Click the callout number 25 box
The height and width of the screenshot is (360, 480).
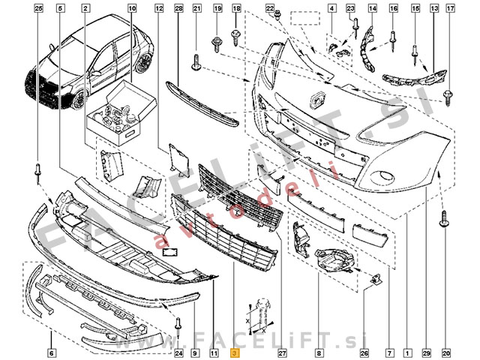pos(39,8)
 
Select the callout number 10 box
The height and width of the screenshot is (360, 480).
pos(133,8)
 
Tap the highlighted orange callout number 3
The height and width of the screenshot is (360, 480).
pos(235,352)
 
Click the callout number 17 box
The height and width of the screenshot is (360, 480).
pos(450,8)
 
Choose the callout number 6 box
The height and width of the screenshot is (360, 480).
pos(51,352)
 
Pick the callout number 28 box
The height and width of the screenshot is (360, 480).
pos(178,8)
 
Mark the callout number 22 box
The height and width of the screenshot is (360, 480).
pos(271,8)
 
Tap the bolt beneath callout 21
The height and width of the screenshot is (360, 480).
pos(196,61)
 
